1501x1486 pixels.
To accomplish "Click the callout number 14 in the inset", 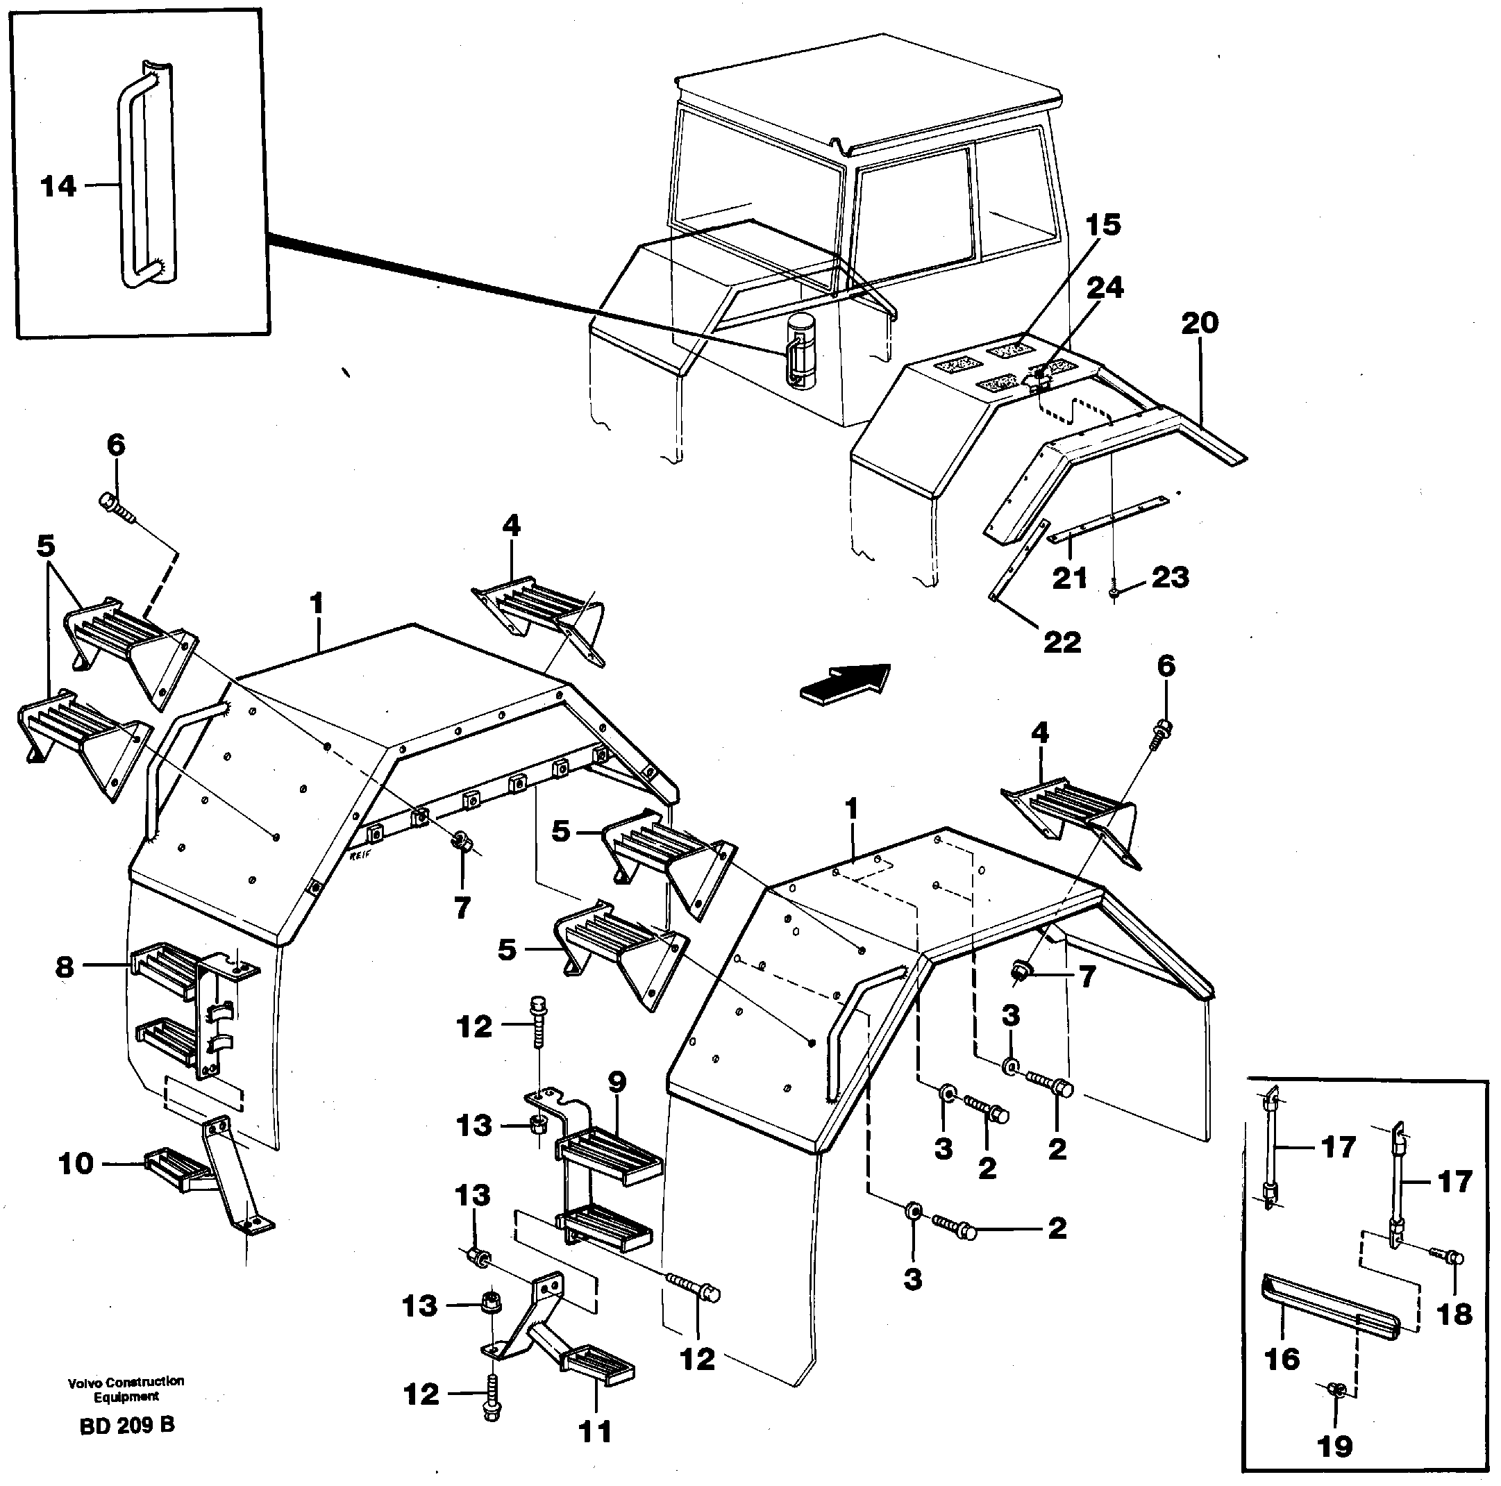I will tap(59, 187).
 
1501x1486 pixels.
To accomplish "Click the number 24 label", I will tap(1104, 287).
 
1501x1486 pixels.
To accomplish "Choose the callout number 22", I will tap(1062, 642).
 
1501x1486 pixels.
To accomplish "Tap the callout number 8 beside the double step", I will tap(65, 967).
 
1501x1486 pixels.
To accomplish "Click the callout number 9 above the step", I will tap(76, 1164).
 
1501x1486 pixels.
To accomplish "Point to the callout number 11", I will tap(596, 1431).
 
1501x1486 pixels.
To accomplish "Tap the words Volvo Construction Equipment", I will tap(126, 1389).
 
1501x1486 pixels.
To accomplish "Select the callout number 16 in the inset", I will tap(1282, 1358).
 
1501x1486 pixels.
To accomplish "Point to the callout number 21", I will tap(1069, 578).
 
